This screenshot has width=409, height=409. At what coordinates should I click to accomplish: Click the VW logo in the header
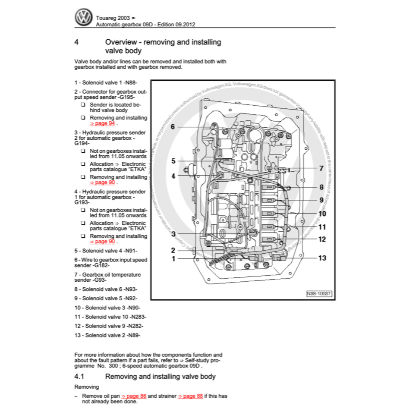point(84,17)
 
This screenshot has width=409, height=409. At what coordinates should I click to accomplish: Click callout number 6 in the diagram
point(172,126)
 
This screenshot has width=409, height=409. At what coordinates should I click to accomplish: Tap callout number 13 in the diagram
point(322,258)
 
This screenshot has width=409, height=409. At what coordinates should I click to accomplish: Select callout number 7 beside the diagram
point(321,168)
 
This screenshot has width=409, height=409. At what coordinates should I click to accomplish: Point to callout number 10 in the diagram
point(322,213)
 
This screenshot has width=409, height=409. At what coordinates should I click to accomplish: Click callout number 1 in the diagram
point(173,259)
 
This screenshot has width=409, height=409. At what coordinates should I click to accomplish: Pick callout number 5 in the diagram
point(173,161)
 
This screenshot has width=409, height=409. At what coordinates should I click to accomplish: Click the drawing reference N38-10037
point(319,293)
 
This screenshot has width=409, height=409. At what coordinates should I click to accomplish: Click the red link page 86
point(134,396)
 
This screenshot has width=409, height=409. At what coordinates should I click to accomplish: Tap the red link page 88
point(190,396)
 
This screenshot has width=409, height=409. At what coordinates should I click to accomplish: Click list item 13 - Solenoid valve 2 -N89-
point(107,335)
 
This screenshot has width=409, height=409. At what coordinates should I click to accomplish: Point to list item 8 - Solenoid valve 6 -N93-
point(106,289)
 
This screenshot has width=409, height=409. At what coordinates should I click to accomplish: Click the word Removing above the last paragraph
point(86,387)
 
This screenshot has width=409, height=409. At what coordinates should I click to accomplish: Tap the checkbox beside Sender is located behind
point(82,105)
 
